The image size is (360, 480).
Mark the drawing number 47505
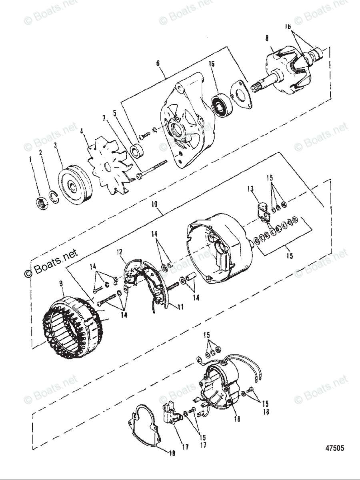[334, 448]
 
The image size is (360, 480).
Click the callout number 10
[155, 204]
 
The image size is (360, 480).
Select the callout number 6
[158, 63]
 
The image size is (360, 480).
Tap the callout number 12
[119, 252]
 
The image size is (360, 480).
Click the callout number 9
[61, 284]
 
